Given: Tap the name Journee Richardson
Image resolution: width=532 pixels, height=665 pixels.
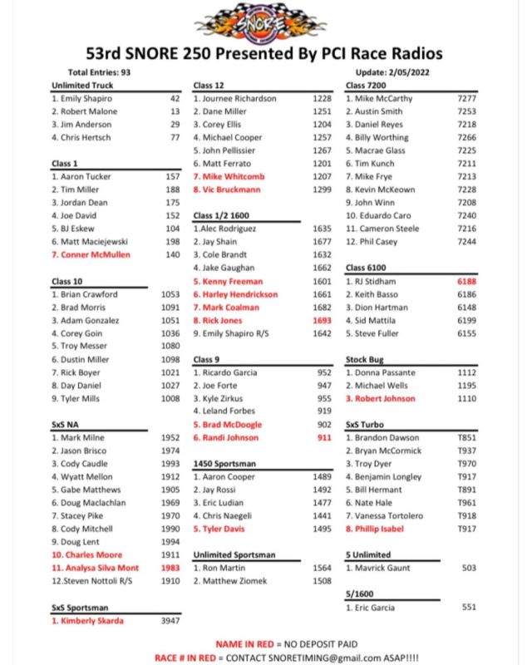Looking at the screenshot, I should [x=239, y=98].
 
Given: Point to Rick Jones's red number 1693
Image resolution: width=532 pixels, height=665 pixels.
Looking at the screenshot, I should [x=321, y=321].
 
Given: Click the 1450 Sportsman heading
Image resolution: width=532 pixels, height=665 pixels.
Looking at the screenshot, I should [x=224, y=463].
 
